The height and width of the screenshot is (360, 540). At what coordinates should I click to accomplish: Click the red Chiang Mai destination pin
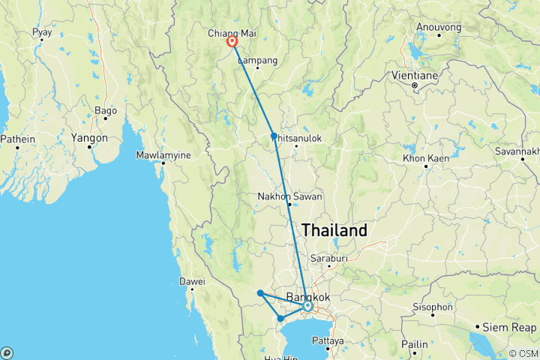pyautogui.click(x=232, y=43)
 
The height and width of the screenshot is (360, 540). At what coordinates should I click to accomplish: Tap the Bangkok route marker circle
pyautogui.click(x=307, y=306)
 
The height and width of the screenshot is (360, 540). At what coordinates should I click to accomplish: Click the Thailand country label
pyautogui.click(x=334, y=230)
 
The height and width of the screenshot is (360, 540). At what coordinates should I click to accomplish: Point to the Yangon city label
pyautogui.click(x=90, y=138)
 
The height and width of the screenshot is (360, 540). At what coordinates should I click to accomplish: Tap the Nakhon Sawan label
pyautogui.click(x=289, y=196)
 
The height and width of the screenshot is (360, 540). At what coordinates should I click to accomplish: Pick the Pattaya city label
pyautogui.click(x=328, y=340)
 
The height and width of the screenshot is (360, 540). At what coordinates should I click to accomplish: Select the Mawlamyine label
pyautogui.click(x=163, y=155)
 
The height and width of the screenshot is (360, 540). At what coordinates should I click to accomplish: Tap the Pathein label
pyautogui.click(x=18, y=138)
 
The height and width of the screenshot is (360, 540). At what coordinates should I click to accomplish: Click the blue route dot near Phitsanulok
pyautogui.click(x=274, y=136)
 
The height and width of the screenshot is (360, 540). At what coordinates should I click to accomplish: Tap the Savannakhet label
pyautogui.click(x=516, y=151)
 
